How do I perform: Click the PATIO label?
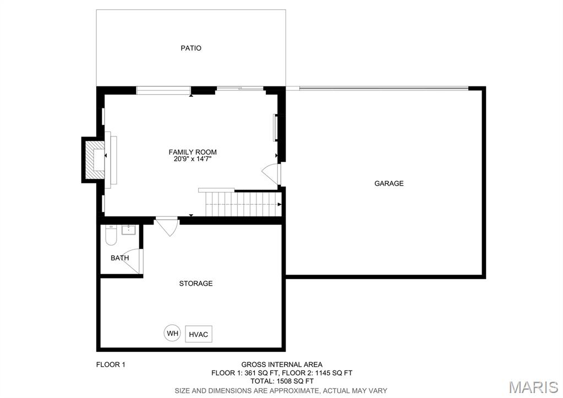click(191, 48)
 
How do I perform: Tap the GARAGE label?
click(389, 183)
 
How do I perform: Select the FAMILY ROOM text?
click(193, 152)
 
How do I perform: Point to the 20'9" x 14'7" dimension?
click(193, 159)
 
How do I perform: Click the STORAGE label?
click(196, 283)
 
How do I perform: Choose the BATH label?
click(119, 258)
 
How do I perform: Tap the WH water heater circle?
click(173, 334)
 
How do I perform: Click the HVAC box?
click(199, 334)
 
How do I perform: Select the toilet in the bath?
click(111, 235)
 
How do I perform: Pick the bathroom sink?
click(128, 230)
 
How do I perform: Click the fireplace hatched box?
click(94, 160)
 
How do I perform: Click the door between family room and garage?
click(271, 175)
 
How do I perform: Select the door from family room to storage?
click(167, 226)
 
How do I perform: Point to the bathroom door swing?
click(132, 261)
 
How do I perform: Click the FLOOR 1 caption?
click(111, 365)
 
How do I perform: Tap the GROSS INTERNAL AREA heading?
click(282, 365)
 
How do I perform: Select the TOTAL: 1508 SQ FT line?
click(282, 381)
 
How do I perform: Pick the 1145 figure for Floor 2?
click(323, 373)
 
